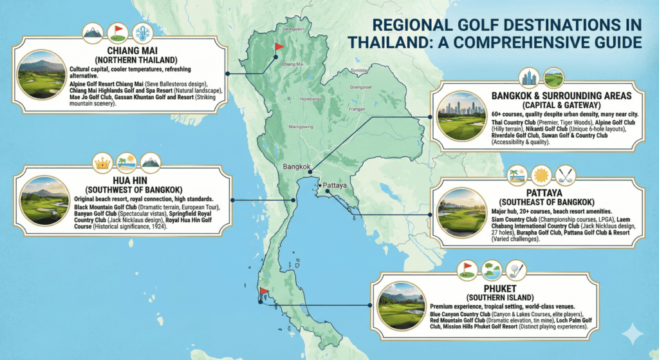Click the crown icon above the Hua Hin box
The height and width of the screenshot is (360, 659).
[x=104, y=160]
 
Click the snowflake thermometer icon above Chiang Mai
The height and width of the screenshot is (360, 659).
[x=141, y=33]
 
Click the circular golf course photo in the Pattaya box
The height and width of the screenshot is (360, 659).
[x=461, y=211]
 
